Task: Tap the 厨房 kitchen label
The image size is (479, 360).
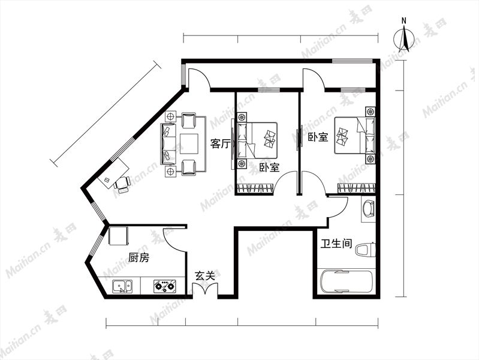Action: click(x=138, y=257)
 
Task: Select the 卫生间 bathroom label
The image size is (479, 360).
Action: click(x=336, y=244)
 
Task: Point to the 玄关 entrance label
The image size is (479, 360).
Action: click(x=205, y=276)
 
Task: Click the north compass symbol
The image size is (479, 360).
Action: click(x=404, y=39)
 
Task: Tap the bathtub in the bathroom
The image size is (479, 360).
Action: click(x=347, y=281)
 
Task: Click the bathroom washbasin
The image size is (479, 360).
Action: click(x=368, y=209)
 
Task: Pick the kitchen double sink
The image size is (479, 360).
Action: click(x=122, y=287)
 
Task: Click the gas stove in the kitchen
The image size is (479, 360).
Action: click(x=165, y=286)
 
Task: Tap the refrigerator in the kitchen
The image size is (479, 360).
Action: click(x=118, y=236)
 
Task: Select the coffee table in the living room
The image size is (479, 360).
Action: click(x=189, y=144)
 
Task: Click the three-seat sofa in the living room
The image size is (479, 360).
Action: click(x=168, y=144)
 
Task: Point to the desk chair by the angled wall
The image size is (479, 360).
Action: click(x=122, y=184)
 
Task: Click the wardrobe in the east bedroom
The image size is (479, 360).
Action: click(x=356, y=188)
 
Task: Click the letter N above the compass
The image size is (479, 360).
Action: click(x=404, y=21)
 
